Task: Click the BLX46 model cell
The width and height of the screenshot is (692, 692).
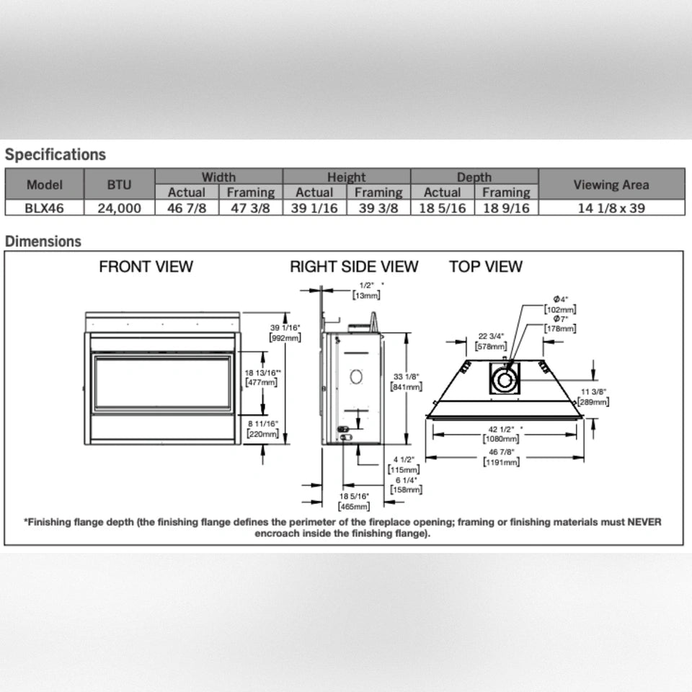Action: tap(44, 208)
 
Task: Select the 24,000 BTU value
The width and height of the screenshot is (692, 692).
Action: tap(119, 208)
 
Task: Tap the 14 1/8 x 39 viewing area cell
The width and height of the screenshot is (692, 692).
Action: tap(611, 208)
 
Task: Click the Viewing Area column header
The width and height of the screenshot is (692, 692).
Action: tap(611, 185)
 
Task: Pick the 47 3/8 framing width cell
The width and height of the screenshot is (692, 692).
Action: tap(250, 208)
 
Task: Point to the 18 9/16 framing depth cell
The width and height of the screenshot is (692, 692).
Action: tap(506, 208)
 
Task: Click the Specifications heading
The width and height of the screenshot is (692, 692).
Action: tap(56, 154)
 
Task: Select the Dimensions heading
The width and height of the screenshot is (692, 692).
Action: tap(43, 241)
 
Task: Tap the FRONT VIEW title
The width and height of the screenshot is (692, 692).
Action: tap(146, 267)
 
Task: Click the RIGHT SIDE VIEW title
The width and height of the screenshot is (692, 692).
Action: tap(354, 267)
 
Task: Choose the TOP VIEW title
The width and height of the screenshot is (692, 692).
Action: tap(486, 267)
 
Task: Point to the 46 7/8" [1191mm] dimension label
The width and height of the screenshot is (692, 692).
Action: tap(501, 457)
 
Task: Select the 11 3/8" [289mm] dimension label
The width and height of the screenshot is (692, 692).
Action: tap(595, 396)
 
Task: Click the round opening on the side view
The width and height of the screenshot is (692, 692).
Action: tap(355, 376)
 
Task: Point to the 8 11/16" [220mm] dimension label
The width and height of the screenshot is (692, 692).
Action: tap(262, 429)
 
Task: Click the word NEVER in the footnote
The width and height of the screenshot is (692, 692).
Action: tap(644, 522)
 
